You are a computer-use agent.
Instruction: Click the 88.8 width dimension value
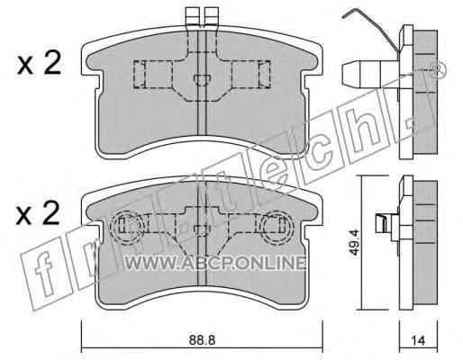pyautogui.click(x=202, y=340)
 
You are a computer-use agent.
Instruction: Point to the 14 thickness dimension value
pyautogui.click(x=419, y=340)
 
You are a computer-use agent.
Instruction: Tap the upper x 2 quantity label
pyautogui.click(x=39, y=63)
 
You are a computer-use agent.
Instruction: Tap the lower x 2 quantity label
pyautogui.click(x=38, y=213)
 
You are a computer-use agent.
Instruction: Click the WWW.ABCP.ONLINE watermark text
pyautogui.click(x=215, y=264)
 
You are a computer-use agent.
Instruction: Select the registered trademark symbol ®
pyautogui.click(x=438, y=69)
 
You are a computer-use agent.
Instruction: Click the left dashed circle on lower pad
pyautogui.click(x=126, y=228)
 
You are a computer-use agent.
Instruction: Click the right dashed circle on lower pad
pyautogui.click(x=276, y=227)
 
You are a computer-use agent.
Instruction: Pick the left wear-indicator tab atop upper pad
pyautogui.click(x=193, y=15)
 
